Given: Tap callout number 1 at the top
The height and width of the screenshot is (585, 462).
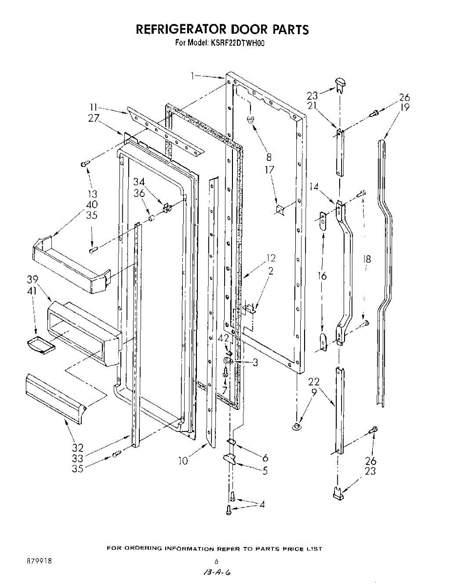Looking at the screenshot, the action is pos(193,76).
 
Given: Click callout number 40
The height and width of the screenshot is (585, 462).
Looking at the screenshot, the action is pos(92,205).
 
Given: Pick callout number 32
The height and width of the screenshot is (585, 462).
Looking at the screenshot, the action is pos(77,448).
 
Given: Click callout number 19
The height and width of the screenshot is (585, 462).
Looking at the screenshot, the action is pos(404,108).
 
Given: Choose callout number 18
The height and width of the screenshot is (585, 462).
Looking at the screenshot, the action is pos(367,259).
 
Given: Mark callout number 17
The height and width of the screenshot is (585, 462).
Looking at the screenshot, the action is pos(269,170).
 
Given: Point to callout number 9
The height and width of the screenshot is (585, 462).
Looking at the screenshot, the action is pos(314,391).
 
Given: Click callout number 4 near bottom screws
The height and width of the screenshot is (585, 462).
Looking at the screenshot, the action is pos(262,505).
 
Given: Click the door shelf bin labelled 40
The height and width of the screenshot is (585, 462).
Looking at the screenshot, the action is pos(68,266).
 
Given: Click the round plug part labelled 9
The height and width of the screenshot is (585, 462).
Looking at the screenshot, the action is pos(296,428).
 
